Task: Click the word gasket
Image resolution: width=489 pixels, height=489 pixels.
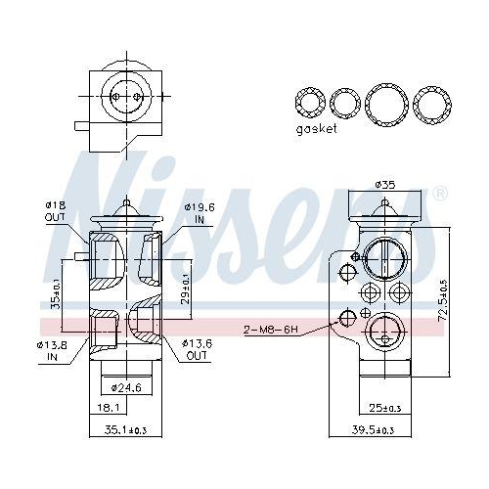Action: pyautogui.click(x=316, y=129)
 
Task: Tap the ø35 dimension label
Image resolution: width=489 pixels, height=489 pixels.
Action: pyautogui.click(x=385, y=185)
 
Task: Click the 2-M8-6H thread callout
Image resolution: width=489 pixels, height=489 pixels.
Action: pyautogui.click(x=271, y=330)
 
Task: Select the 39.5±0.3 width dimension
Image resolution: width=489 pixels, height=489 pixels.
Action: pyautogui.click(x=373, y=430)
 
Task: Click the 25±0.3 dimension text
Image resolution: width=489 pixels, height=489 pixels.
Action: pyautogui.click(x=385, y=408)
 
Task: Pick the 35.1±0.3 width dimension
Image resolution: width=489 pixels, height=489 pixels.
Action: pyautogui.click(x=125, y=430)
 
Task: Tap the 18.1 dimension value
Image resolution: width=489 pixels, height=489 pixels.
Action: pyautogui.click(x=108, y=408)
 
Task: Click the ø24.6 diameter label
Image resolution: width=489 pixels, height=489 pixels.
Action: pyautogui.click(x=126, y=388)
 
